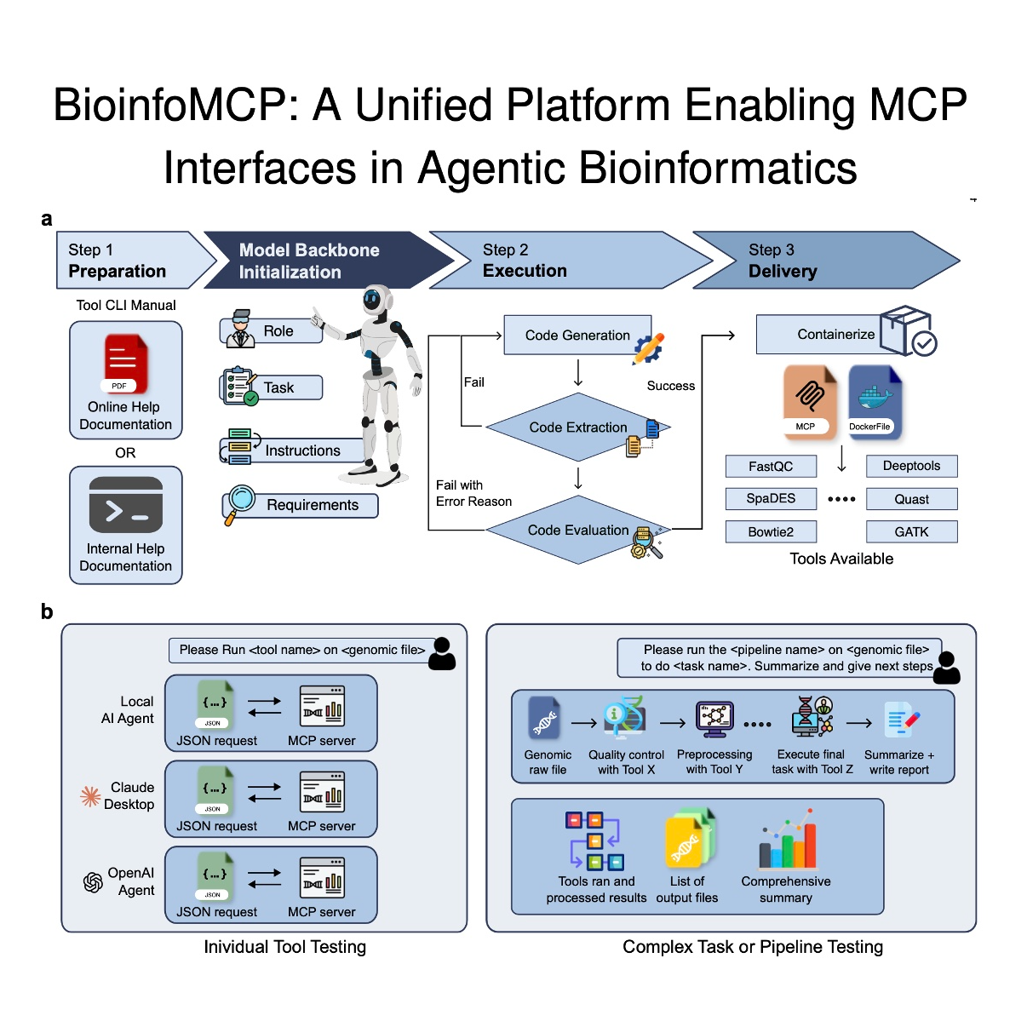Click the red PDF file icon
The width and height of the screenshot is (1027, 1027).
click(124, 364)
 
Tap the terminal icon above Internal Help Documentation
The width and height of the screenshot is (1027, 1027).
click(126, 505)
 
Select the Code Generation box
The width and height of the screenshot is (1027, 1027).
click(577, 335)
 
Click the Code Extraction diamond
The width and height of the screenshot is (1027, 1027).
click(578, 427)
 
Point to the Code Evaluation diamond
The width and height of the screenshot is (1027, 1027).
click(578, 530)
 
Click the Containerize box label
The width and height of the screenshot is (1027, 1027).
click(835, 334)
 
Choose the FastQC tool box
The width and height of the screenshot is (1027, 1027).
click(771, 467)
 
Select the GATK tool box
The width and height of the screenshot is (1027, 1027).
click(911, 532)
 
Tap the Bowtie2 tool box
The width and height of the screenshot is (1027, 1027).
click(771, 532)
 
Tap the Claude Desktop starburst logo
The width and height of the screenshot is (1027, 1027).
click(90, 797)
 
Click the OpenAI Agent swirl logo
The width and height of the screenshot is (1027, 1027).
click(93, 882)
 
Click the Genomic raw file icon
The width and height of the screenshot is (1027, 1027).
click(544, 717)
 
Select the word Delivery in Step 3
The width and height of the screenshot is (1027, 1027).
click(783, 272)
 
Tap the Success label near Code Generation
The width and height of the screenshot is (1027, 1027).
click(670, 386)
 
